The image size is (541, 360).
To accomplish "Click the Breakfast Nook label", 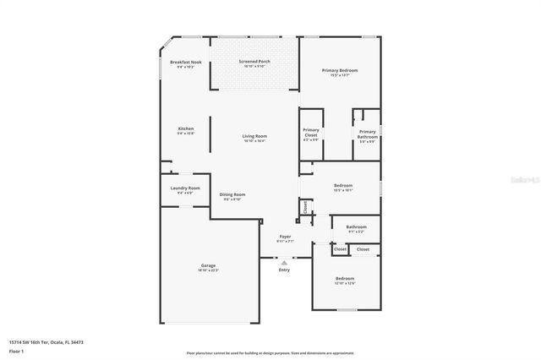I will pyautogui.click(x=185, y=63).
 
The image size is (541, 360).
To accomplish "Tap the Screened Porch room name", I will pyautogui.click(x=254, y=62).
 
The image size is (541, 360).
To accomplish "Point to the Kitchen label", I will pyautogui.click(x=185, y=128).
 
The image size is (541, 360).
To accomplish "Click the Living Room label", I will pyautogui.click(x=254, y=136).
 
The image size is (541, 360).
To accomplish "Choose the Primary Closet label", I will pyautogui.click(x=310, y=133).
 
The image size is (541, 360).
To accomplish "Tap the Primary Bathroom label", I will pyautogui.click(x=367, y=134).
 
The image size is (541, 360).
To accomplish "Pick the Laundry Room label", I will pyautogui.click(x=184, y=188).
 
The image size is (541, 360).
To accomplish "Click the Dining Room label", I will pyautogui.click(x=232, y=194).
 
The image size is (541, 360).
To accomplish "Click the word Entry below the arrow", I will pyautogui.click(x=284, y=270).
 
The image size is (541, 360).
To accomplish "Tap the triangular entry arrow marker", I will pyautogui.click(x=284, y=262).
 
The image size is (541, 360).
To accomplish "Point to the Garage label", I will pyautogui.click(x=208, y=265).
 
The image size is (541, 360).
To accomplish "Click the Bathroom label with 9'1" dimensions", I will pyautogui.click(x=356, y=226).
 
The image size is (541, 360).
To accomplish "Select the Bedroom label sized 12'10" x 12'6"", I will pyautogui.click(x=344, y=278).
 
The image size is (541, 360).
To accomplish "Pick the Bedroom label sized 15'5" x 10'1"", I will pyautogui.click(x=342, y=185).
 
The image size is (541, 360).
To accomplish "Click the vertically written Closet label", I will pyautogui.click(x=305, y=207).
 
